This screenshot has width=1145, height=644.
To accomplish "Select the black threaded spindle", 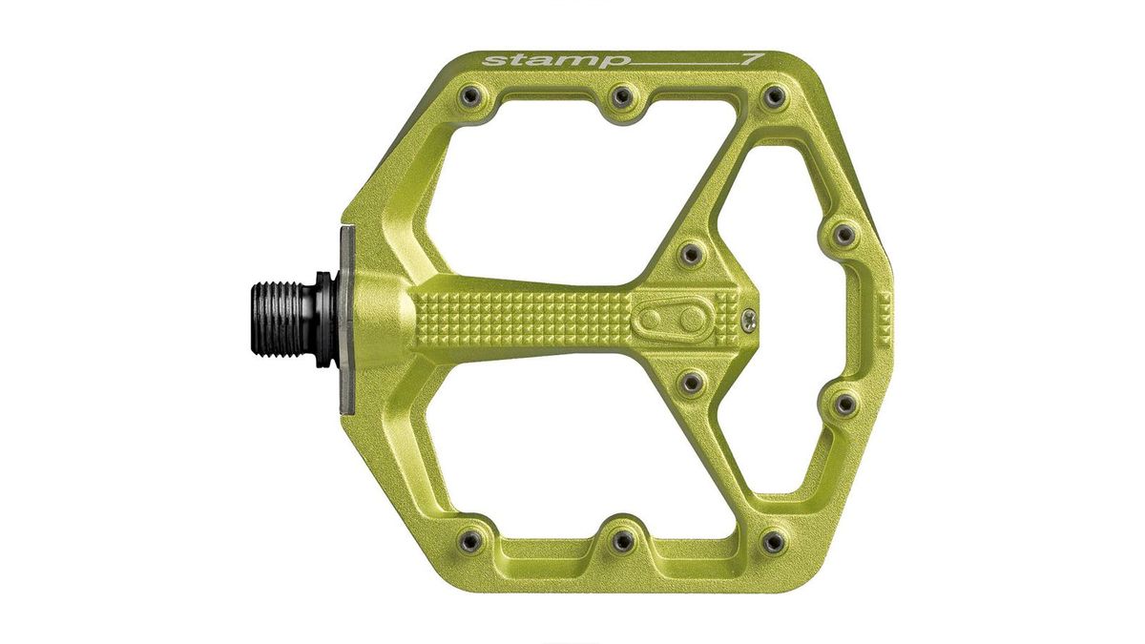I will [286, 314].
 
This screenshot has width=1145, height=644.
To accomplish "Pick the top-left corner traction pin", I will [468, 95].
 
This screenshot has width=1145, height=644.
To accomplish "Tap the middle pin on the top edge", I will [621, 95].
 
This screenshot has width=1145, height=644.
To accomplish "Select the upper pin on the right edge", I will [843, 233].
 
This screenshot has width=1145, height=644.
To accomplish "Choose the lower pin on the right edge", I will [843, 405].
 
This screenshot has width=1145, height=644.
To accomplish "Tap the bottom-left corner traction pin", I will [468, 541].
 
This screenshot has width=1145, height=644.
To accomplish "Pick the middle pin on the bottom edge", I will [621, 541].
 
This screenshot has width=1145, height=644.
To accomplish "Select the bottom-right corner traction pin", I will [775, 541].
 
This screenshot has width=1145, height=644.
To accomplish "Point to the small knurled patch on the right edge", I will [884, 318].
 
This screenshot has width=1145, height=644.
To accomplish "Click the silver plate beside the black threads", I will [345, 320].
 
